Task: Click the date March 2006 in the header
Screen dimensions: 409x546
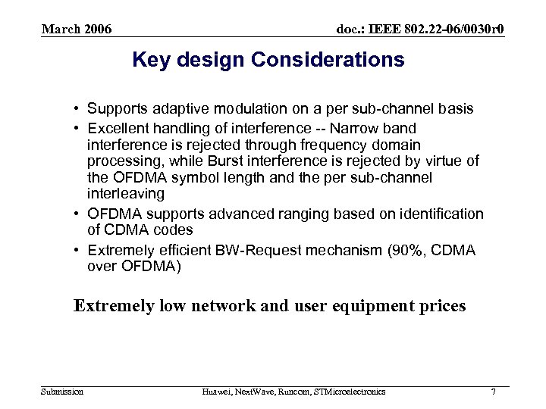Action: tap(77, 30)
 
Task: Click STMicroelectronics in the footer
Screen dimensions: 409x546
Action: tap(349, 391)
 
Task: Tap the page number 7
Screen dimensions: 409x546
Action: tap(494, 391)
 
